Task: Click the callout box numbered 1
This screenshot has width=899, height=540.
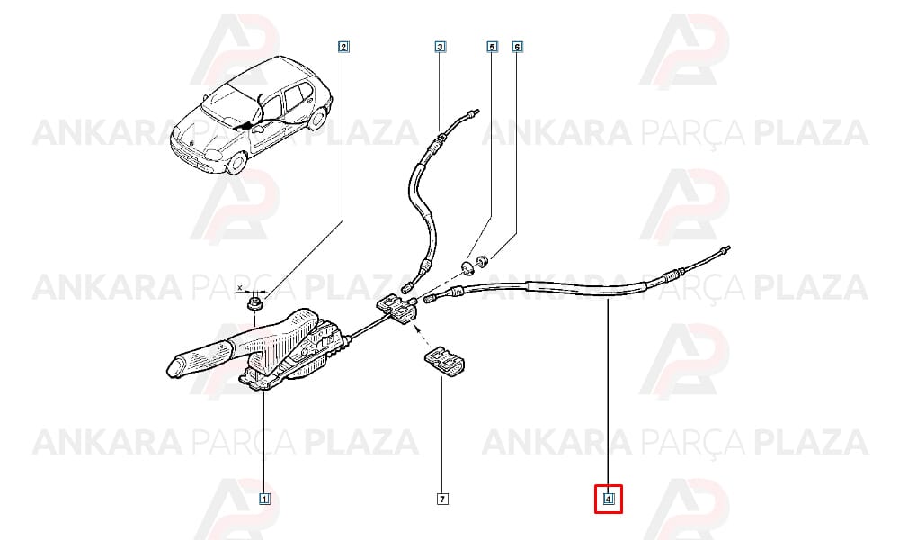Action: pyautogui.click(x=264, y=499)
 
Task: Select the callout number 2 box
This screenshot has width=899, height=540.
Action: pyautogui.click(x=343, y=47)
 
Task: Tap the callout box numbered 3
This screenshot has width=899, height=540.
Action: pyautogui.click(x=440, y=47)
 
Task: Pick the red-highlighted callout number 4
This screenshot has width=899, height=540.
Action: pyautogui.click(x=609, y=499)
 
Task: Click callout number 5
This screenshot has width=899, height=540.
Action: pyautogui.click(x=492, y=47)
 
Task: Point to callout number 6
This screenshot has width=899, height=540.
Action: pyautogui.click(x=517, y=47)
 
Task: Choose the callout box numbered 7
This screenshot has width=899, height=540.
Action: pyautogui.click(x=442, y=499)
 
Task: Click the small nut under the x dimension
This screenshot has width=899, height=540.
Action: pyautogui.click(x=254, y=302)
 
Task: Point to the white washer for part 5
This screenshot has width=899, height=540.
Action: pyautogui.click(x=468, y=266)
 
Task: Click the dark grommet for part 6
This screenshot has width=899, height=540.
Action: pyautogui.click(x=483, y=261)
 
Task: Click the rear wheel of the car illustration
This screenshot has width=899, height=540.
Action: pyautogui.click(x=316, y=118)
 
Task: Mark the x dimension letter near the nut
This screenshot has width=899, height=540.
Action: pyautogui.click(x=240, y=286)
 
